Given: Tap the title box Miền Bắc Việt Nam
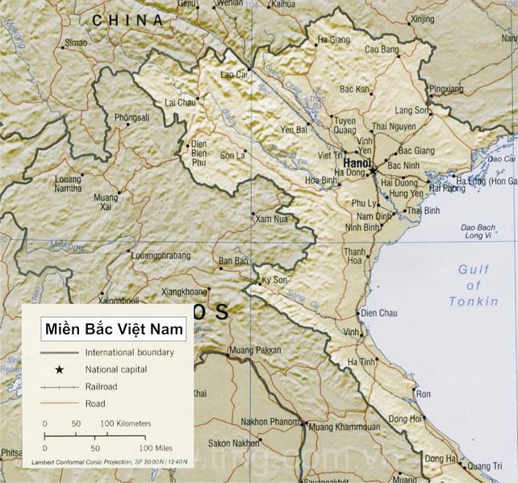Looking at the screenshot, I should click(x=114, y=329).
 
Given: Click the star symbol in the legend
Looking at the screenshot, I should click(x=59, y=369).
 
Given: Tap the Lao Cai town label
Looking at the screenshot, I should click(x=233, y=75).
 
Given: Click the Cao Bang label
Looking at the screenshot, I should click(x=382, y=50).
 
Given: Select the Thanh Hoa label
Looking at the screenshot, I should click(x=354, y=256).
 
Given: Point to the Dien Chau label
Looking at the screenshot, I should click(x=378, y=313).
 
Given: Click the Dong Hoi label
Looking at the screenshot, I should click(x=406, y=418).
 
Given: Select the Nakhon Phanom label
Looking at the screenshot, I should click(x=269, y=423).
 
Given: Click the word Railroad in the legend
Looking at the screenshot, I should click(x=101, y=386).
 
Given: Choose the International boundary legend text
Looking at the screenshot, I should click(x=129, y=352).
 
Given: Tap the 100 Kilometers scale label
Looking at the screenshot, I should click(x=125, y=423).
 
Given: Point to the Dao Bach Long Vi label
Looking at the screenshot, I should click(x=477, y=232).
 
